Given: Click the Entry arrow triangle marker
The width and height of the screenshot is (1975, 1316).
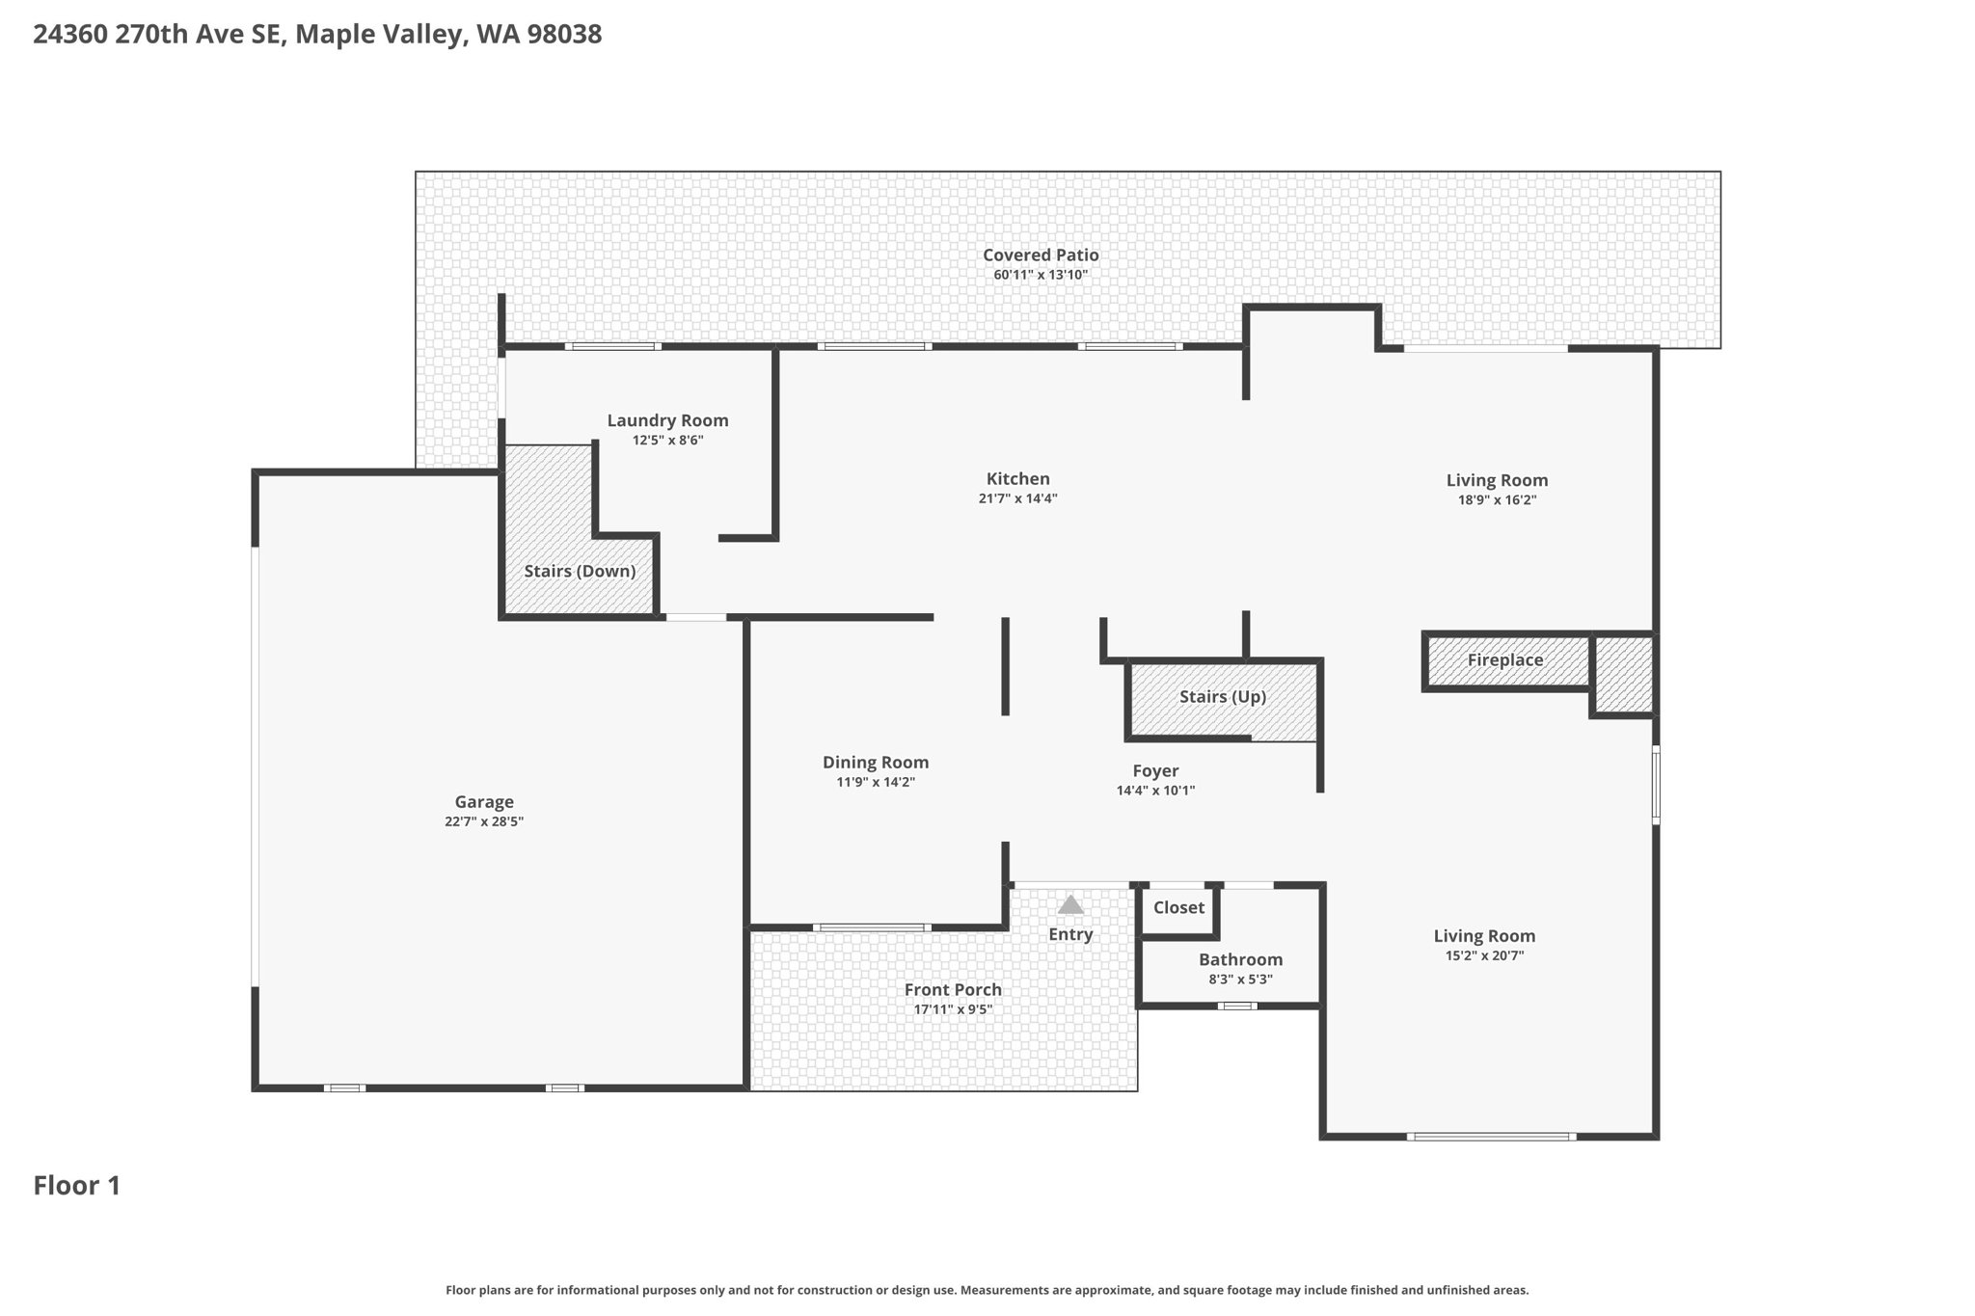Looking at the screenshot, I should [x=1070, y=905].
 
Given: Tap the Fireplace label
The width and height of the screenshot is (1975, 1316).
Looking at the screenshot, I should [x=1504, y=660].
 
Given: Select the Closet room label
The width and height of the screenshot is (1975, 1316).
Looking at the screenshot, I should [x=1178, y=907].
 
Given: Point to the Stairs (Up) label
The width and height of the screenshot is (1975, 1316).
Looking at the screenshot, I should [x=1222, y=697].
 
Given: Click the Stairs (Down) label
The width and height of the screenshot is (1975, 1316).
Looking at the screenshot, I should [x=580, y=572].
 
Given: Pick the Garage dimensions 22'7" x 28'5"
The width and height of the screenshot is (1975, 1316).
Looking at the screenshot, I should [x=484, y=822].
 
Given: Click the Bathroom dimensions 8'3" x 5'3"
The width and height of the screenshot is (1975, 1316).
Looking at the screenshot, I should [x=1240, y=980].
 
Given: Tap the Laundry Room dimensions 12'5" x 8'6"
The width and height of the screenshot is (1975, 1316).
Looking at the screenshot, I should [x=667, y=441].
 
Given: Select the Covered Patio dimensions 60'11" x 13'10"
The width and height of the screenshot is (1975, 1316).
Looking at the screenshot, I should [x=1041, y=275].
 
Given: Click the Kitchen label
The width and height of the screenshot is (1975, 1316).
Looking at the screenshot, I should [x=1017, y=479].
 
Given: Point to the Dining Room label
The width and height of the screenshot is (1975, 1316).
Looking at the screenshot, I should [x=876, y=763].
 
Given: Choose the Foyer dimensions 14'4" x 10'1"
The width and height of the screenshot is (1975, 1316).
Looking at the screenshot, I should [x=1155, y=791].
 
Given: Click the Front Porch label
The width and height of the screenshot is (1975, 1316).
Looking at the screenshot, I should [x=953, y=990].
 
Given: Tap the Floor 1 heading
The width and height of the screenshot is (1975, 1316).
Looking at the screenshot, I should [x=77, y=1186].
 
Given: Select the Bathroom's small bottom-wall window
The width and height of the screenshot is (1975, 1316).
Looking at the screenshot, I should [x=1236, y=1007].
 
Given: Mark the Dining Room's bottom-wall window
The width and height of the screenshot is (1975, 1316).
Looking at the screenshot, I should [x=872, y=927].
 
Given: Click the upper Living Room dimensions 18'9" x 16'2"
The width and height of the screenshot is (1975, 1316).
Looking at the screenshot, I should [x=1497, y=500].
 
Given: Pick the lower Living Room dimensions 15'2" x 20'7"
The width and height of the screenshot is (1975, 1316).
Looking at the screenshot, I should [x=1484, y=956].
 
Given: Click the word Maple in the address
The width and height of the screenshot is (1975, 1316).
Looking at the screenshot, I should [x=335, y=35].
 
